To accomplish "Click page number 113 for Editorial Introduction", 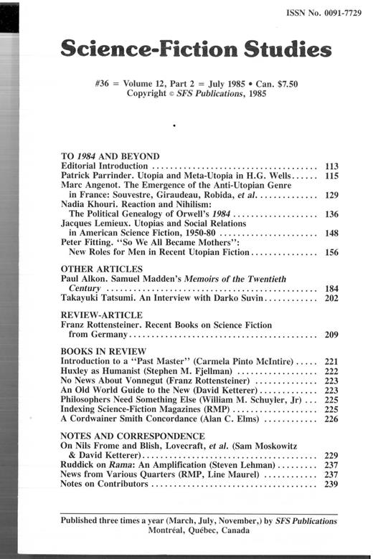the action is click(x=331, y=166).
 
